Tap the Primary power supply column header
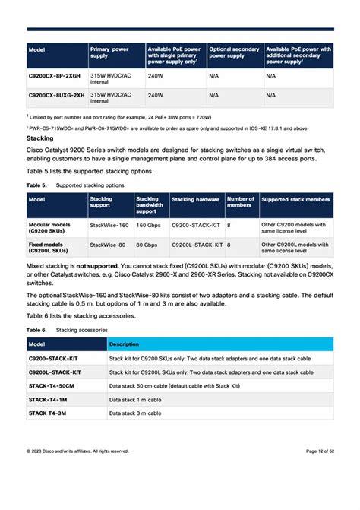coord(109,52)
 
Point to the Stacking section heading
coord(39,139)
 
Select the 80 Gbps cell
coord(146,245)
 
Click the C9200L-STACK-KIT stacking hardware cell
coord(197,245)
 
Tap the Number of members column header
coord(241,203)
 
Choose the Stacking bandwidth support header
coord(150,204)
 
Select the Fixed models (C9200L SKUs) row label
coord(49,248)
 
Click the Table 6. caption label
coord(36,330)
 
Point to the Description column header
coord(124,344)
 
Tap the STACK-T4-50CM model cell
coord(52,386)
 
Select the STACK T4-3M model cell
coord(48,413)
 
